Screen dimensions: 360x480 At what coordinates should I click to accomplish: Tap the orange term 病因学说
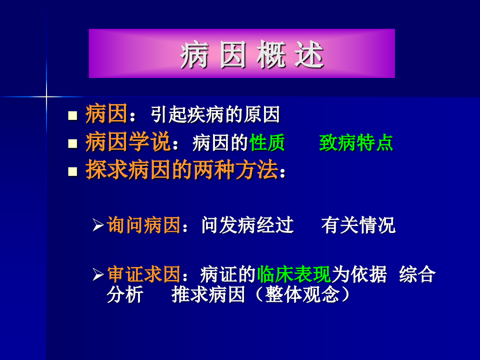coord(128,143)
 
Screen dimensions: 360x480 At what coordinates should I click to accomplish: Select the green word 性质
coord(267,143)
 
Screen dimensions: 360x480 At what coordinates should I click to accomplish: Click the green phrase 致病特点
coord(356,143)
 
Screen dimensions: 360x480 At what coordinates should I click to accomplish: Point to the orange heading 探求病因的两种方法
coord(181,171)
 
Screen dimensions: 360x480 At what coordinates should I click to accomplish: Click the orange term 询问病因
coord(143,225)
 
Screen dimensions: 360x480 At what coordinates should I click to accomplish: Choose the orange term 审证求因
coord(143,274)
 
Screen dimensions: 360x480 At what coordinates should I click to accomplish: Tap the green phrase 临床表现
coord(293,274)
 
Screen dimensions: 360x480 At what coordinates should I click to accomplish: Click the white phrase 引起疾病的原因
coord(215,115)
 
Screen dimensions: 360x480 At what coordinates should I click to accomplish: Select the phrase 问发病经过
coord(247,225)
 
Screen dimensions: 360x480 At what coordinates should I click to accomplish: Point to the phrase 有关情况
coord(358,225)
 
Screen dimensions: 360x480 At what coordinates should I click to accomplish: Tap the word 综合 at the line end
coord(417,274)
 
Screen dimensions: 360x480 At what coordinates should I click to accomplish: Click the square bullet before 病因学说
coord(73,144)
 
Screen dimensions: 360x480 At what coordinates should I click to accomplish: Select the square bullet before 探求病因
coord(73,172)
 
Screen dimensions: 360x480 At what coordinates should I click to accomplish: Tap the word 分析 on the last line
coord(124,295)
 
